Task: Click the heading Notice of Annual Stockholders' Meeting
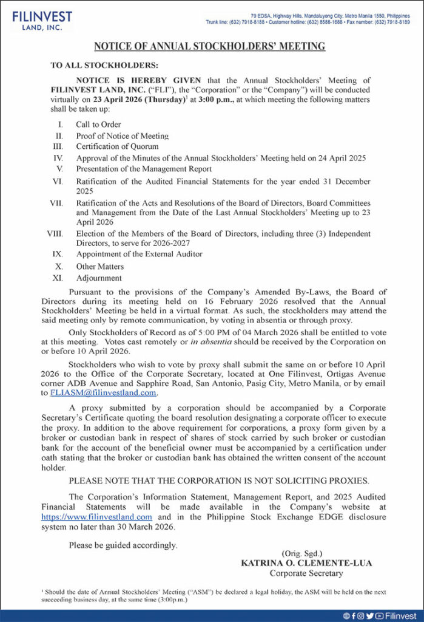point(209,47)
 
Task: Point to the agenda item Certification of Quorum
point(117,146)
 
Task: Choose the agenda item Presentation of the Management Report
point(144,169)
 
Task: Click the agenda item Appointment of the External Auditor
point(139,254)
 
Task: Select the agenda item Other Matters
point(99,267)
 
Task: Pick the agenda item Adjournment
point(98,278)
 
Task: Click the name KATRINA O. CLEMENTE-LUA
point(306,563)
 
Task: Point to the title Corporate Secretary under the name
point(306,573)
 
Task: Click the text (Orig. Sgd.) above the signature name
point(301,553)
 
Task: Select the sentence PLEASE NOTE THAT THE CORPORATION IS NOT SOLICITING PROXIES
point(219,480)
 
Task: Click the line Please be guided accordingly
point(123,545)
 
